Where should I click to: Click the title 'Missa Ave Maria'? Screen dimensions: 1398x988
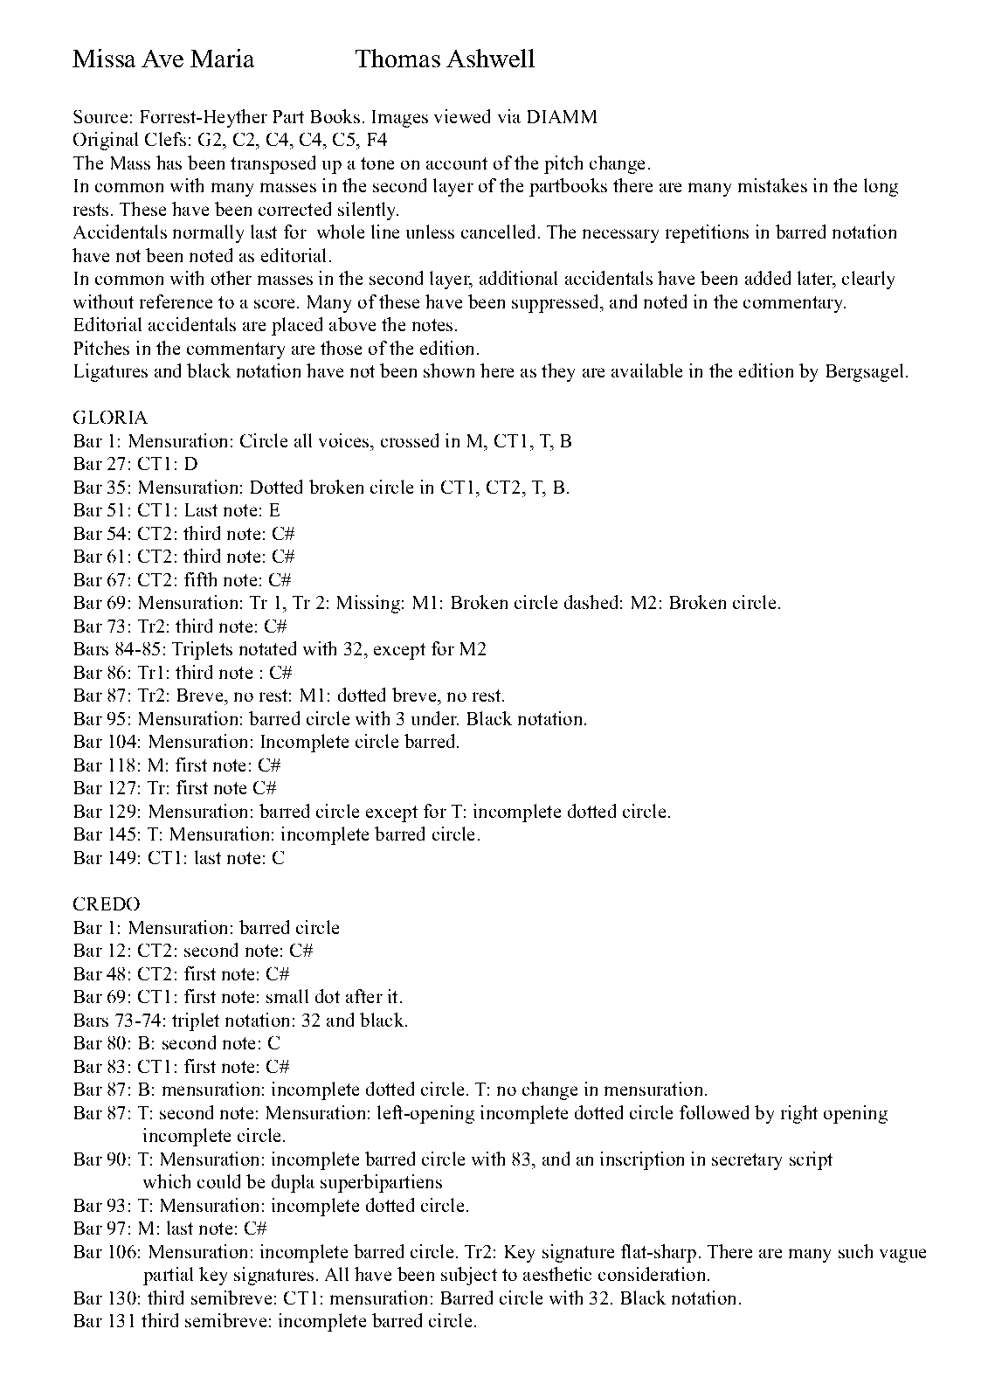163,59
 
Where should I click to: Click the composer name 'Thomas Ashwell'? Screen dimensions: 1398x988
445,59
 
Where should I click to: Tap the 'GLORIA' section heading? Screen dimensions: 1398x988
110,418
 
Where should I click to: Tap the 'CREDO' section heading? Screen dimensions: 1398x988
107,904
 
